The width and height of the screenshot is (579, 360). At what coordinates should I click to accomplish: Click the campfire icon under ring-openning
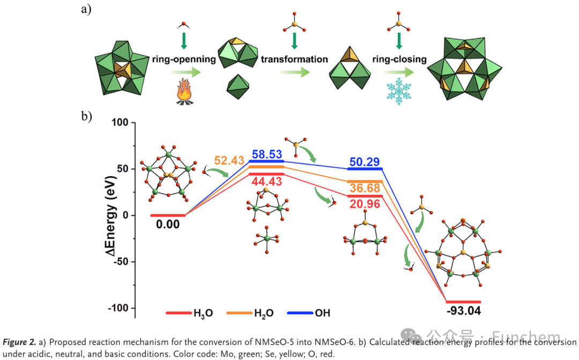[x=184, y=92]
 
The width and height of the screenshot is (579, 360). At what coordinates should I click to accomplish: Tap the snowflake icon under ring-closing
[x=398, y=91]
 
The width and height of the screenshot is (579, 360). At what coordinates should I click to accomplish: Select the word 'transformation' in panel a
[x=294, y=59]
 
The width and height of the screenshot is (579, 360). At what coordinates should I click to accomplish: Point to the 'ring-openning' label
[x=184, y=59]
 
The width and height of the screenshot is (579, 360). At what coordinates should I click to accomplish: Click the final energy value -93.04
[x=463, y=312]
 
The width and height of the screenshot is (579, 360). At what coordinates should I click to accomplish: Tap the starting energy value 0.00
[x=168, y=224]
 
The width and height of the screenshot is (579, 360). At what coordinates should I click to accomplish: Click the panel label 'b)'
[x=87, y=116]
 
